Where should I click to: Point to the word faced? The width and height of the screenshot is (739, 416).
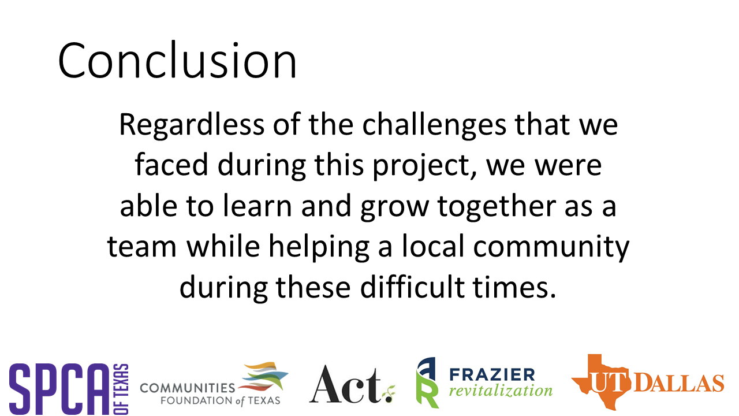171,165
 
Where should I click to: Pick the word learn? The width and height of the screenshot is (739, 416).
257,205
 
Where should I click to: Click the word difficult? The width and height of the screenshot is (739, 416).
412,287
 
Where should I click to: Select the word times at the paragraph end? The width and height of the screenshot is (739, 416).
511,287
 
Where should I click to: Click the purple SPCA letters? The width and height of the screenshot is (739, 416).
59,389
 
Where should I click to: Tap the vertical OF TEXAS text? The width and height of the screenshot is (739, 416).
121,389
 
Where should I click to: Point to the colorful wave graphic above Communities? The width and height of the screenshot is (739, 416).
264,376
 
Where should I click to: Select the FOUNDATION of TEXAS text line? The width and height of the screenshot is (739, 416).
220,401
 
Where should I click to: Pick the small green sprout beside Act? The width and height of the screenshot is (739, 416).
389,394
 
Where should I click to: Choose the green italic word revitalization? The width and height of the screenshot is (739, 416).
501,391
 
